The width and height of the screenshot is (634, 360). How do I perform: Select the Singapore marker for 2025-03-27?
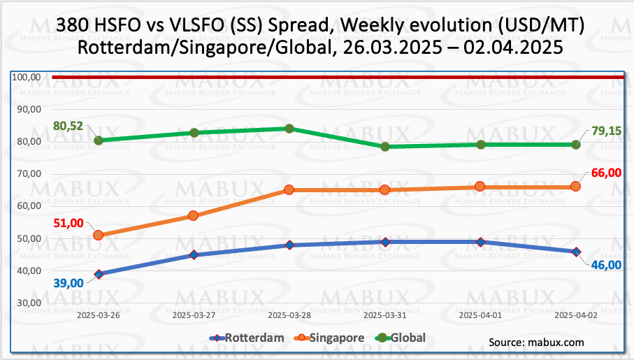194,216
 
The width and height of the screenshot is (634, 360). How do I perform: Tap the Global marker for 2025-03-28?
289,129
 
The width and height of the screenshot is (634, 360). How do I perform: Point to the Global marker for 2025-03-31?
385,147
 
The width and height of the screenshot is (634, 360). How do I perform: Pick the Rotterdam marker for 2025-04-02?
576,252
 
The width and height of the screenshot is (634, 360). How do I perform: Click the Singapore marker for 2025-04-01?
480,187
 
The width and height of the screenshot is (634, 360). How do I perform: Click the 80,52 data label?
68,127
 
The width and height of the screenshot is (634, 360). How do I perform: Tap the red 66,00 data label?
606,173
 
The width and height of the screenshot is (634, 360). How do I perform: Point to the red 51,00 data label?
69,223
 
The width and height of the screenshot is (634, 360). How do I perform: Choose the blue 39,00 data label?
69,282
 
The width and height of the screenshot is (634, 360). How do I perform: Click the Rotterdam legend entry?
247,338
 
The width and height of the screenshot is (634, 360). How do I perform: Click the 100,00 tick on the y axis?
27,77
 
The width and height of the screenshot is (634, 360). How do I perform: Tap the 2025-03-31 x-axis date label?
385,315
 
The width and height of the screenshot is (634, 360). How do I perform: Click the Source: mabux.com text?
536,343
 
